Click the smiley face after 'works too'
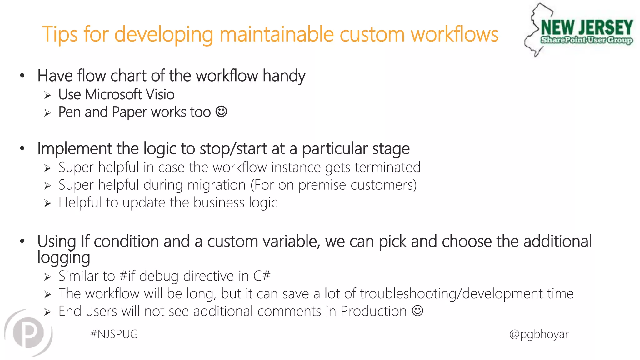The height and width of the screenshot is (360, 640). click(221, 112)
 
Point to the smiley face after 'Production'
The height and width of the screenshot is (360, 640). click(417, 311)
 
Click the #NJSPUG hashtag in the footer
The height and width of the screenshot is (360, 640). click(114, 334)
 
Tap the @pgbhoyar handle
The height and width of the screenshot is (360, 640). click(539, 334)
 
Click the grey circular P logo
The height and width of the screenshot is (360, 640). click(28, 332)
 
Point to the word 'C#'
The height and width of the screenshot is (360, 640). click(262, 276)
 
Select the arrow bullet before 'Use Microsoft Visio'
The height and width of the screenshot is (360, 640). click(47, 95)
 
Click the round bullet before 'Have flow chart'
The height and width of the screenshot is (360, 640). click(22, 75)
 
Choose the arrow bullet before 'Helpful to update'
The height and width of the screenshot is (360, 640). click(47, 203)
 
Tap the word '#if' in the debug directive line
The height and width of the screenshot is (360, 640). click(127, 276)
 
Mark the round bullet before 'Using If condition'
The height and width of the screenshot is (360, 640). click(22, 241)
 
